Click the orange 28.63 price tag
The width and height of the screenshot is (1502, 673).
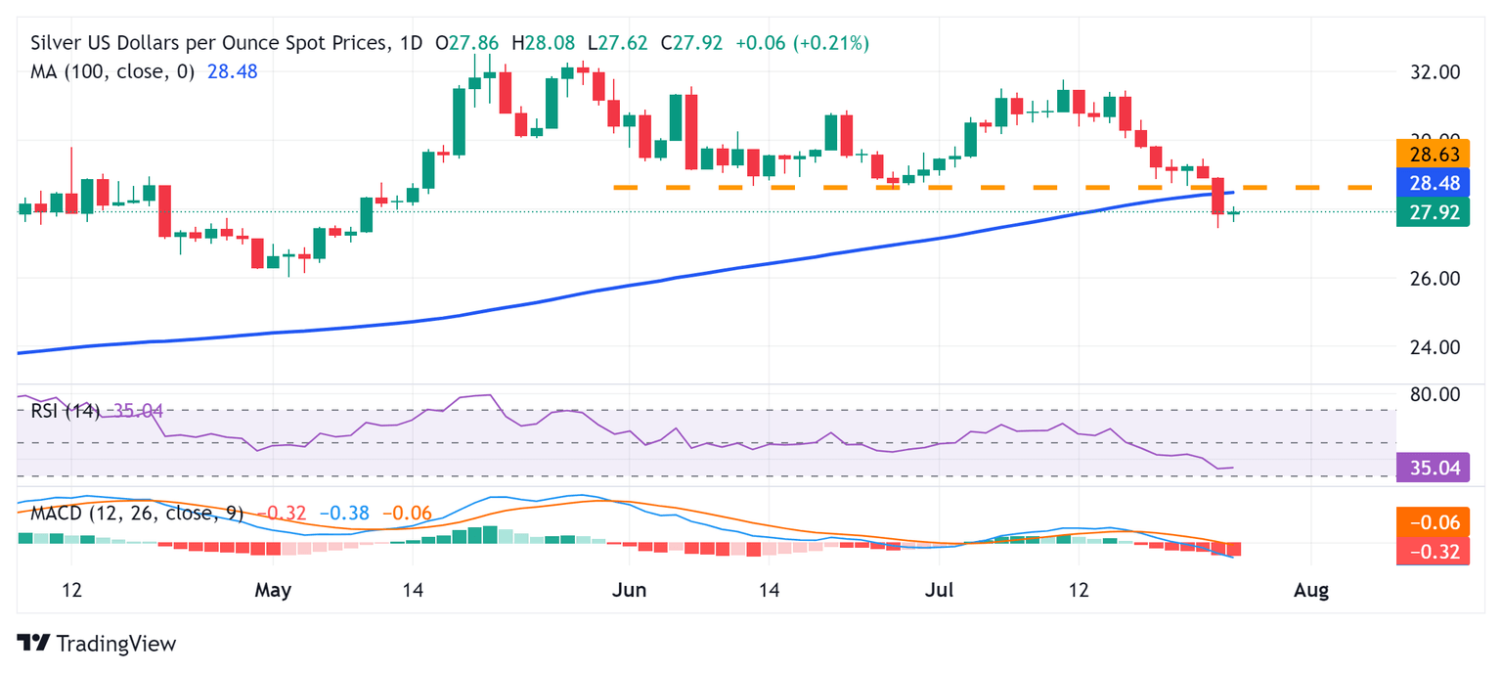click(1434, 155)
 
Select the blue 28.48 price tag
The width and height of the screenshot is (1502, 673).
click(1434, 183)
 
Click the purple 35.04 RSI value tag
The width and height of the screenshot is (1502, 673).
click(1434, 469)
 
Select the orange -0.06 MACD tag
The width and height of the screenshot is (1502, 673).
click(1434, 522)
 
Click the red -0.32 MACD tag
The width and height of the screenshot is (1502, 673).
click(1434, 552)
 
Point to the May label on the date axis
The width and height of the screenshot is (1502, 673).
click(273, 591)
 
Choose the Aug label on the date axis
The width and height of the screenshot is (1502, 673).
click(1310, 591)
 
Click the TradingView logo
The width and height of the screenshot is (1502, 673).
click(97, 644)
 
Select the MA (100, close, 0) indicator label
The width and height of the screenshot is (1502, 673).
click(112, 71)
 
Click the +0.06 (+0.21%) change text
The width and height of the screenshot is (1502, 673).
click(802, 43)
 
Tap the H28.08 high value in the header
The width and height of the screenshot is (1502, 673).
click(552, 43)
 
